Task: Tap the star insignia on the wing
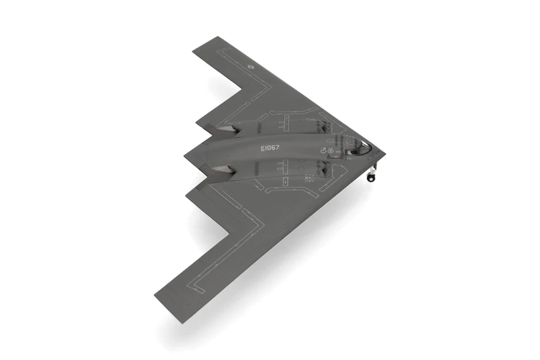point(250,66)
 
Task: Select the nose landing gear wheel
point(370,178)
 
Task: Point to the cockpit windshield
point(363,146)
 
